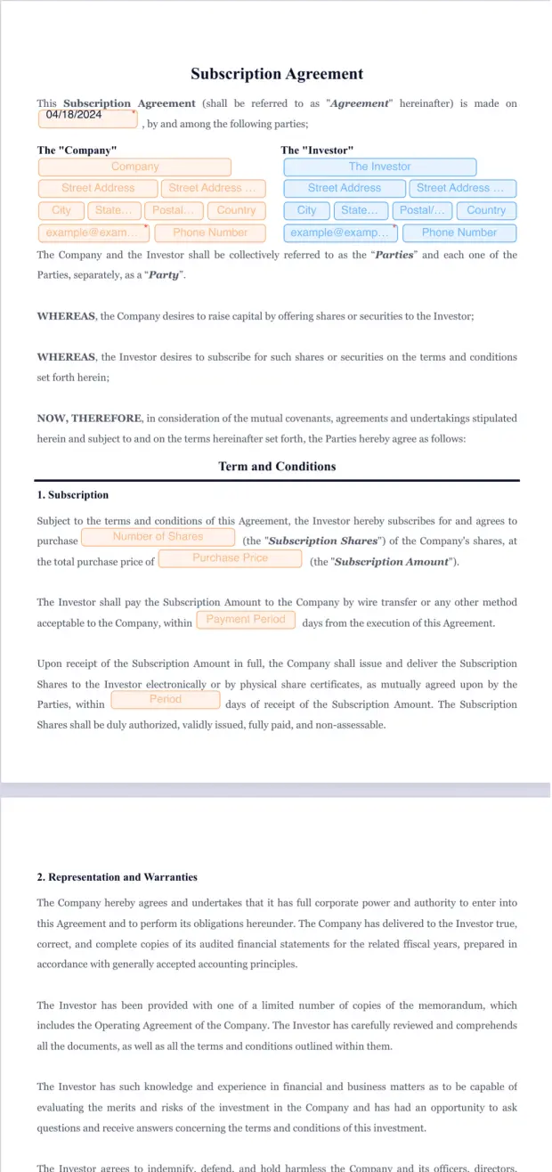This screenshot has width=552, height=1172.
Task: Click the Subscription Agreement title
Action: [x=277, y=74]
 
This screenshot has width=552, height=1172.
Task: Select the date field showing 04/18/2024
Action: [x=87, y=118]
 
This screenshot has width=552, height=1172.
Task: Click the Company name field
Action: [x=134, y=167]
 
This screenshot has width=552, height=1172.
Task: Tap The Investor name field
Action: [x=379, y=167]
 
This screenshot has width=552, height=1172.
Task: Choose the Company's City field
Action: [x=61, y=210]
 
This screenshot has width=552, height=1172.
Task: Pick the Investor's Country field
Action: [x=485, y=210]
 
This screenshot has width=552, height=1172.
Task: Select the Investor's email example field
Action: [x=341, y=232]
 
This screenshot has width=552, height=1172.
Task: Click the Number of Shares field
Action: [x=158, y=537]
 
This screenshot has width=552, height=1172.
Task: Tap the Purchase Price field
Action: [x=230, y=558]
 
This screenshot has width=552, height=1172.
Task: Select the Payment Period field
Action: [x=245, y=619]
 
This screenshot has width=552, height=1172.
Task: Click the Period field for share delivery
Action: [x=165, y=700]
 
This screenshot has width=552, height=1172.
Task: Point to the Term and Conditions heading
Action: [x=277, y=467]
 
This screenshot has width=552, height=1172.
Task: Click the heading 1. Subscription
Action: [x=73, y=495]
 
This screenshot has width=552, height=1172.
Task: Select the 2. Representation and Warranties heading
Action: [x=118, y=877]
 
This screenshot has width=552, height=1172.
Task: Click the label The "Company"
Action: [x=77, y=151]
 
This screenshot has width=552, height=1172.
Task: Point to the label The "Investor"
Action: [x=317, y=151]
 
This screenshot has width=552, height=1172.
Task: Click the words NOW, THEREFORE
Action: [x=89, y=419]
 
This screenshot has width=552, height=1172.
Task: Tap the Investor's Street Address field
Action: [x=344, y=188]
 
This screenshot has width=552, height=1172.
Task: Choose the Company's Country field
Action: [x=236, y=210]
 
